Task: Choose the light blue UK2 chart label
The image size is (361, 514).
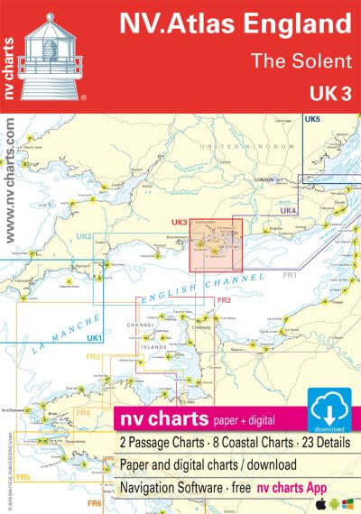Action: [x=85, y=236]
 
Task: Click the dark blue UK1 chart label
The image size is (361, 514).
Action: [x=94, y=337]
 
